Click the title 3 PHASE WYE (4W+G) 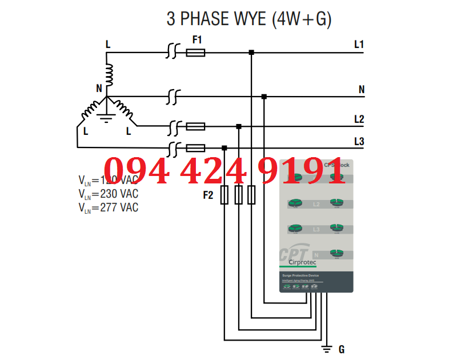pyautogui.click(x=248, y=18)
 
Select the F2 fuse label pyautogui.click(x=207, y=195)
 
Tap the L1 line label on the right pyautogui.click(x=359, y=44)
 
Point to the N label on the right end pyautogui.click(x=361, y=90)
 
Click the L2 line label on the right pyautogui.click(x=359, y=119)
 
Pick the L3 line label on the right pyautogui.click(x=359, y=141)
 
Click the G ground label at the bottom pyautogui.click(x=342, y=349)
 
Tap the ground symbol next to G pyautogui.click(x=327, y=349)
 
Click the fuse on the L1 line pyautogui.click(x=196, y=53)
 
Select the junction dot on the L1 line pyautogui.click(x=251, y=53)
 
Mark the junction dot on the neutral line pyautogui.click(x=263, y=96)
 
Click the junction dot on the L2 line pyautogui.click(x=239, y=126)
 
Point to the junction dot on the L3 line pyautogui.click(x=225, y=147)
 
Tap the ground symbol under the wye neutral pyautogui.click(x=105, y=118)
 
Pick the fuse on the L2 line pyautogui.click(x=196, y=126)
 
